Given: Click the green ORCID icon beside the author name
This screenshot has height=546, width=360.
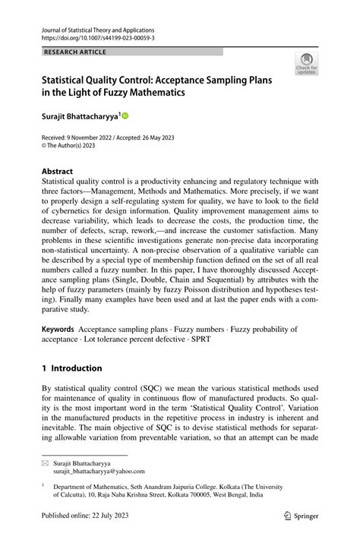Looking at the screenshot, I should tap(125, 115).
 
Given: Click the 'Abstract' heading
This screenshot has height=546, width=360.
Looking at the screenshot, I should tap(58, 172).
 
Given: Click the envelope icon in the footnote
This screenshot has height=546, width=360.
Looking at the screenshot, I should tap(45, 462).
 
